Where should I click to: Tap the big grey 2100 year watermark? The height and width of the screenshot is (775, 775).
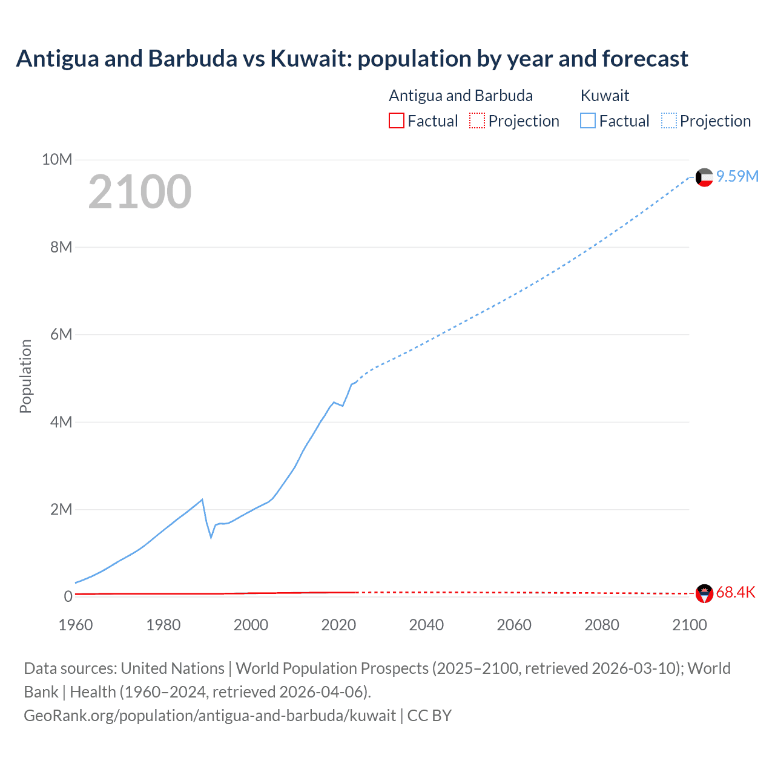(140, 192)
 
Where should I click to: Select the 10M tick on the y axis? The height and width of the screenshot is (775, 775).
(57, 159)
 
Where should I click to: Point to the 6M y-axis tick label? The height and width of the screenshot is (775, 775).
(61, 334)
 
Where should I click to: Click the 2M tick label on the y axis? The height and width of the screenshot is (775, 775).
(61, 509)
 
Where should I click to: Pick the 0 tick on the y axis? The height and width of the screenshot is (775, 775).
(68, 596)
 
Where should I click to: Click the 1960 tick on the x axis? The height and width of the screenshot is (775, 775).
(76, 625)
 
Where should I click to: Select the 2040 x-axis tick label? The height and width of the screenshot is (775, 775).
(426, 625)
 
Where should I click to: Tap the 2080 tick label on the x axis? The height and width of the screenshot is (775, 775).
(602, 625)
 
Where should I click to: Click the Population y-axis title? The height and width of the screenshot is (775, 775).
(25, 376)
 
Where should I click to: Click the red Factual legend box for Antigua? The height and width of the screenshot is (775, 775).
(396, 120)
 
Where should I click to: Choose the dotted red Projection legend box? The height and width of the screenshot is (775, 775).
(477, 120)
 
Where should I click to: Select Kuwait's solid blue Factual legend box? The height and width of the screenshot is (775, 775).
(588, 120)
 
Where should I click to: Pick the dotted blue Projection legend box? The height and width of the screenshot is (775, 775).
(669, 120)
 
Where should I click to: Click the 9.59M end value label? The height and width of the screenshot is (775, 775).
(737, 176)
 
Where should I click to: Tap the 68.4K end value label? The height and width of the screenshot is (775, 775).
(736, 592)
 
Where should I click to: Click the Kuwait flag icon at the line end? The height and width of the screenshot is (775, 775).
(704, 177)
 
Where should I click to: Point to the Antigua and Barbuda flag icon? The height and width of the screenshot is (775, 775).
(704, 593)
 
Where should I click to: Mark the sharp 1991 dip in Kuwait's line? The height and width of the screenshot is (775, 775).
(211, 536)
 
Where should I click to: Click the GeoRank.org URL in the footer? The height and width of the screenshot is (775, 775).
(209, 715)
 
